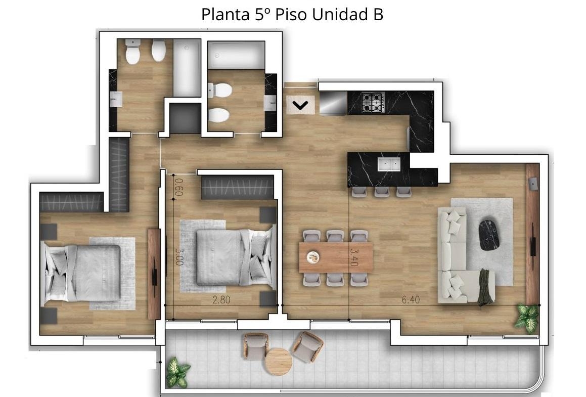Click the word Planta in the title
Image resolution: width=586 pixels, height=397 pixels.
coord(226,15)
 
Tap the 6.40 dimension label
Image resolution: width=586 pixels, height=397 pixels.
coord(411,299)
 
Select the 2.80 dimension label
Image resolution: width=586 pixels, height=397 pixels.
coord(221,299)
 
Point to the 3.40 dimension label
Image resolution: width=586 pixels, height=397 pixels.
coord(354,257)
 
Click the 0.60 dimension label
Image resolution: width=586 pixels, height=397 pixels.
coord(178,187)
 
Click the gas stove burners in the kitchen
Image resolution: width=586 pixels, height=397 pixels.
coord(373,103)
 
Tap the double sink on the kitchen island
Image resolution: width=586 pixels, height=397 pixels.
coord(389,164)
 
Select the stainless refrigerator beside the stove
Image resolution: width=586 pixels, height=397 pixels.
coord(333,103)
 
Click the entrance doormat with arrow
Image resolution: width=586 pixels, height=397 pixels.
coord(300,105)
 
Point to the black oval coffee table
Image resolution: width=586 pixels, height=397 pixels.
coord(489,235)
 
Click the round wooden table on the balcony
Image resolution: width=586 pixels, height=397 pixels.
coord(278,361)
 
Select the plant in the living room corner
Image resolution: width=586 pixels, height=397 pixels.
coord(527,318)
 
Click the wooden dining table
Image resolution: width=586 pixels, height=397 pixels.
coord(336,257)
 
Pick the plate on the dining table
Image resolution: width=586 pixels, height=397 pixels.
coord(312,257)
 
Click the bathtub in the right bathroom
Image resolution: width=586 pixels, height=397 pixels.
coord(236,55)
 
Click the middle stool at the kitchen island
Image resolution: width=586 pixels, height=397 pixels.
coord(382,192)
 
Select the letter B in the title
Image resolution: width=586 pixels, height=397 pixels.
coord(378,15)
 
